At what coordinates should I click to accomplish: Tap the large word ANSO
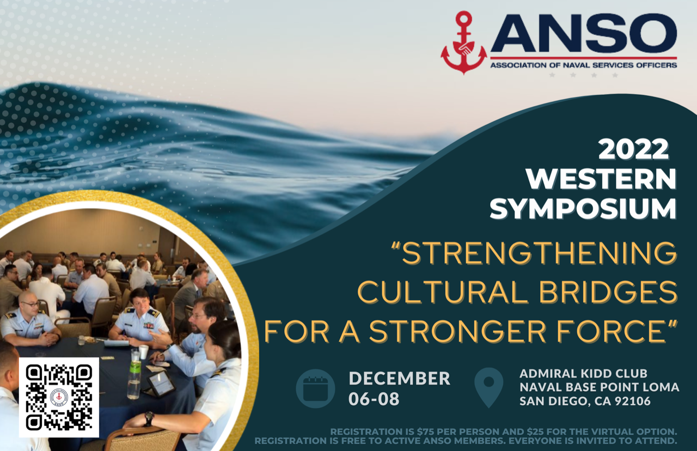pos(583,33)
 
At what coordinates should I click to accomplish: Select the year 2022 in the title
pos(633,149)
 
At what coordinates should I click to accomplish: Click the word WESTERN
pos(601,179)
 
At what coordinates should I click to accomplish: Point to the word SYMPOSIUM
pos(583,209)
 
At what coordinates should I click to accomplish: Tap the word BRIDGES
pos(608,292)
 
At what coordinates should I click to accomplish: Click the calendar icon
pos(315,388)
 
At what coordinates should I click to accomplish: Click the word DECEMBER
pos(399,378)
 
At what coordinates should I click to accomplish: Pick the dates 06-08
pos(374,399)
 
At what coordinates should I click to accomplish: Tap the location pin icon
pos(489,387)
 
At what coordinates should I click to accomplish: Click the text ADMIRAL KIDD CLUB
pos(583,373)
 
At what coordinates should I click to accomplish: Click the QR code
pos(59,398)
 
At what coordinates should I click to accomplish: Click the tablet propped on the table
pos(161,384)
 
